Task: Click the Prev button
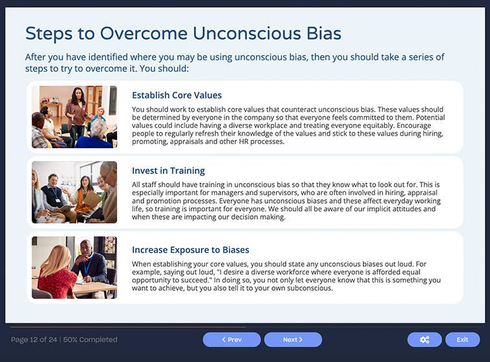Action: (x=231, y=339)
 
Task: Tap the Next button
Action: (x=293, y=339)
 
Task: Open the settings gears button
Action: (x=424, y=339)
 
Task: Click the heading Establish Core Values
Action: (x=176, y=95)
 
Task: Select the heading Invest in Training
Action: (x=168, y=171)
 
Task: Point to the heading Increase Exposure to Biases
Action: (x=190, y=250)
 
